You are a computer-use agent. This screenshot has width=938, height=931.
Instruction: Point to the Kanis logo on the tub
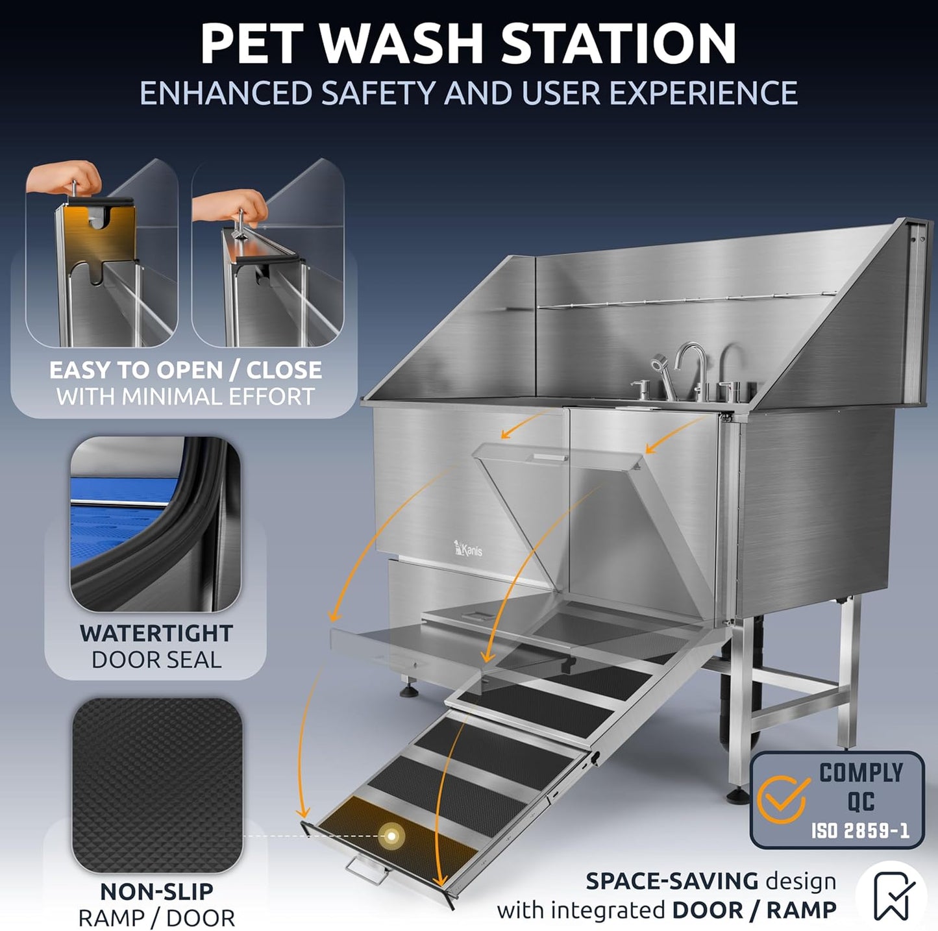tap(468, 549)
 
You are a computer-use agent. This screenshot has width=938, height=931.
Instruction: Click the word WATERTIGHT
tap(156, 633)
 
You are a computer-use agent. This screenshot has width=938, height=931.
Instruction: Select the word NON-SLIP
tap(156, 891)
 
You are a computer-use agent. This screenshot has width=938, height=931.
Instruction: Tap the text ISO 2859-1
tap(859, 830)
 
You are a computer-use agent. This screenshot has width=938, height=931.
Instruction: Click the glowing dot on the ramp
tap(391, 836)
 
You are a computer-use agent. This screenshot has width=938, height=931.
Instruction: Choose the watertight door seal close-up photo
tap(155, 524)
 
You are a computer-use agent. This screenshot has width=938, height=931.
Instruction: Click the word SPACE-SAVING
tap(672, 881)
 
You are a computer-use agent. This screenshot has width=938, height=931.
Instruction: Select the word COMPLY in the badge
tap(861, 773)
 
